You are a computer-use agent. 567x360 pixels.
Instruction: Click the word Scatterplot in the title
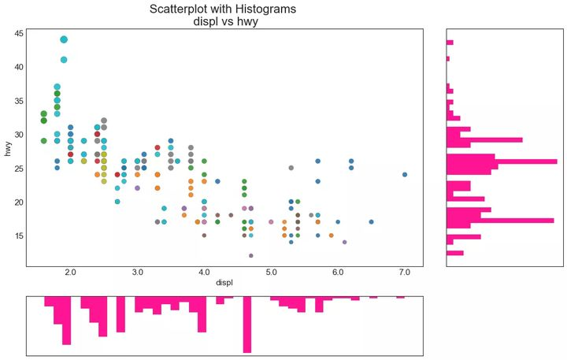[181, 9]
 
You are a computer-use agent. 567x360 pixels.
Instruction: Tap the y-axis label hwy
[9, 147]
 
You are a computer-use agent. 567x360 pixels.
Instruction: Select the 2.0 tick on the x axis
[70, 273]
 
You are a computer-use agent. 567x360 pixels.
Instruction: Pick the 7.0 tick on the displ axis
[404, 273]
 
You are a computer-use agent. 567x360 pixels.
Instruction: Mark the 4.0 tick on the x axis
[204, 273]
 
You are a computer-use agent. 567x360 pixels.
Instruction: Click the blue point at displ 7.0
[405, 175]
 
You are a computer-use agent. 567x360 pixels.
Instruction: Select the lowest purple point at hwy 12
[251, 255]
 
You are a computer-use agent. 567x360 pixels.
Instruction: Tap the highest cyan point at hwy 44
[64, 39]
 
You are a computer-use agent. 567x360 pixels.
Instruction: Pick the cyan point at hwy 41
[64, 60]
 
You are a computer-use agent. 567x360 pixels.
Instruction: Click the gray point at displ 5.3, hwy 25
[291, 168]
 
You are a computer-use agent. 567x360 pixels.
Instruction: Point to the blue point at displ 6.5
[371, 221]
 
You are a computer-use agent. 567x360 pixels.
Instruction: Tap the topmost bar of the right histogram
[450, 43]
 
